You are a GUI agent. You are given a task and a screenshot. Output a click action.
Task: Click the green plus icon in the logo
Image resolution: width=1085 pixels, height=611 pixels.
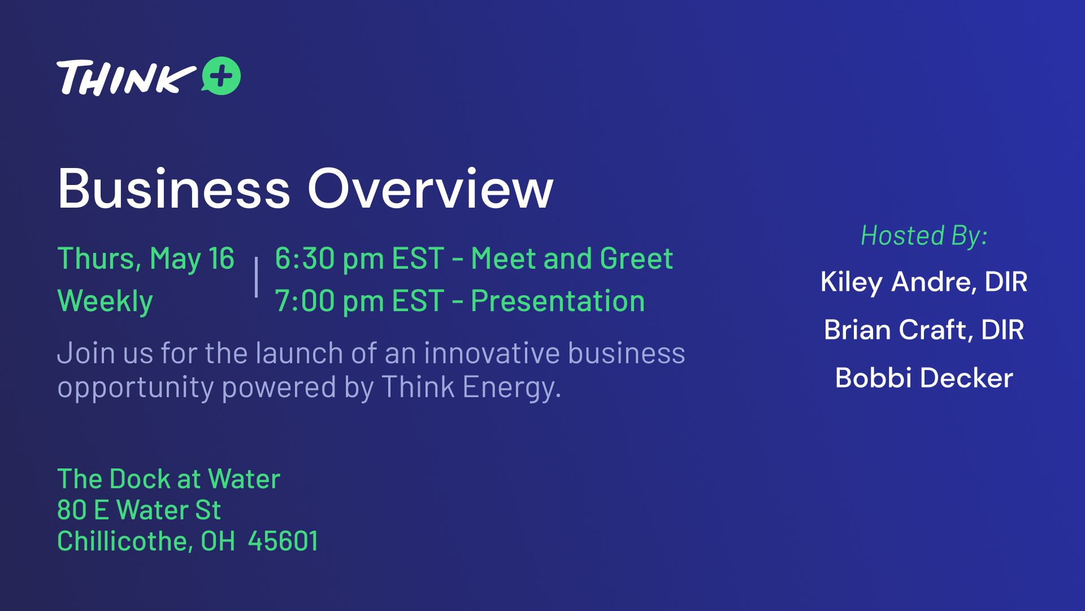222,76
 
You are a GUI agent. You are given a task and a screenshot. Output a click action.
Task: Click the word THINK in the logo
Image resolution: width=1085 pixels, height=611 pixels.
126,78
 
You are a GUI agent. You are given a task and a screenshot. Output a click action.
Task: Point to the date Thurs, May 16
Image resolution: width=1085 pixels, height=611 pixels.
146,259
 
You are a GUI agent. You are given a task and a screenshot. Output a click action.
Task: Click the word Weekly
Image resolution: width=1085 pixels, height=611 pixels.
105,301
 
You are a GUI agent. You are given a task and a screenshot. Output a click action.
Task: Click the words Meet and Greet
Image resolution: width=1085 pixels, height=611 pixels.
572,259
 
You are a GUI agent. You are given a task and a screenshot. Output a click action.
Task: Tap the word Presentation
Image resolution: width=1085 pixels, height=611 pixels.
558,301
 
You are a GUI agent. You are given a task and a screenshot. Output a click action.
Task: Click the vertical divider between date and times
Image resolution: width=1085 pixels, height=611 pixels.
256,277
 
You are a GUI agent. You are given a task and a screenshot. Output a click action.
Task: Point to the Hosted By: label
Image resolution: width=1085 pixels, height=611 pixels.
924,235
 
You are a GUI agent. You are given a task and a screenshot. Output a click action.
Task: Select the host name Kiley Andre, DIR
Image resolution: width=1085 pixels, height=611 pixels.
924,282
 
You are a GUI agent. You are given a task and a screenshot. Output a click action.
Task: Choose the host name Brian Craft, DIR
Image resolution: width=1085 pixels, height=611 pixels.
924,330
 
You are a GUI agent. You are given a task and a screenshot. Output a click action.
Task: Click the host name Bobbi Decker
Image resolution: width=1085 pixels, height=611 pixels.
924,378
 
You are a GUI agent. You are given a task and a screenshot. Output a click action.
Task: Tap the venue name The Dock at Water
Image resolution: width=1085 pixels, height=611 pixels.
169,479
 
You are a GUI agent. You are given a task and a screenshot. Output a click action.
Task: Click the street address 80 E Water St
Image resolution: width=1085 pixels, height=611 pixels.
139,510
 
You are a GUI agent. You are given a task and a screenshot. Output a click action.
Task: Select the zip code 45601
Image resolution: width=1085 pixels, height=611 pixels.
283,541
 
